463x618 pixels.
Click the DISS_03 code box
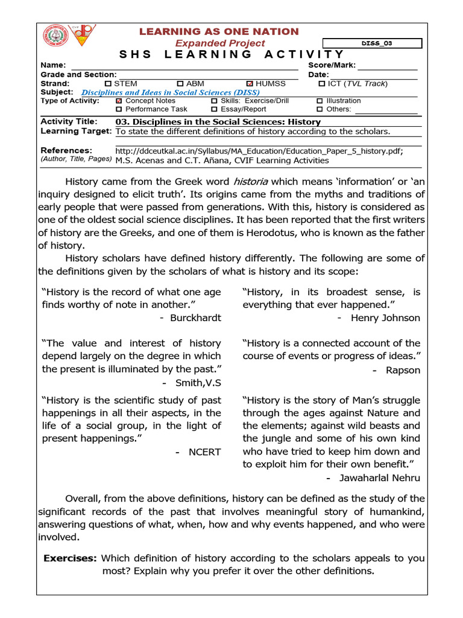click(372, 43)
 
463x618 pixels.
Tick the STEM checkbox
click(108, 83)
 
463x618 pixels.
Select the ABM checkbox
click(180, 83)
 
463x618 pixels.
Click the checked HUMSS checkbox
click(250, 83)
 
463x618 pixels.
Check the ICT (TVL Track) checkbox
click(321, 83)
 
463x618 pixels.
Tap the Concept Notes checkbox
click(119, 101)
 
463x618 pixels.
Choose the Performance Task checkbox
click(119, 109)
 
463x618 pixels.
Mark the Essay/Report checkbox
click(214, 109)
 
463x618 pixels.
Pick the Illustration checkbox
click(320, 101)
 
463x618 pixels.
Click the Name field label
click(52, 65)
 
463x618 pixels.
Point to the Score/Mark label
click(332, 65)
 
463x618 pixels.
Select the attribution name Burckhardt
click(197, 317)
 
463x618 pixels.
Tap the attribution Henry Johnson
click(385, 317)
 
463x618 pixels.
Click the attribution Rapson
click(403, 370)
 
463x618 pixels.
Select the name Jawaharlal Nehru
click(379, 478)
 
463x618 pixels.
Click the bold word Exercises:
click(70, 558)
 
